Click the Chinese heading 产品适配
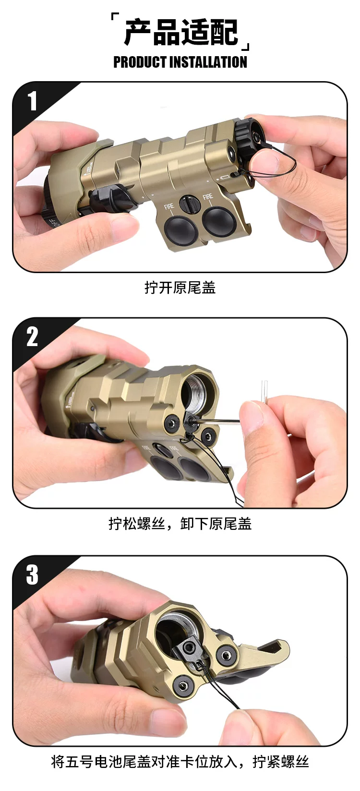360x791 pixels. click(181, 33)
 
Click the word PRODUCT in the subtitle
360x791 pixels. click(140, 62)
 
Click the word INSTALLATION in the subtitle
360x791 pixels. click(208, 62)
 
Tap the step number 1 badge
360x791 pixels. click(32, 101)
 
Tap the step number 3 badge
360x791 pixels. click(32, 575)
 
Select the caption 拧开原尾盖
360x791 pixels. click(180, 288)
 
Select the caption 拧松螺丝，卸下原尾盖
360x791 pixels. click(180, 523)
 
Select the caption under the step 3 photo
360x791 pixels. click(180, 762)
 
